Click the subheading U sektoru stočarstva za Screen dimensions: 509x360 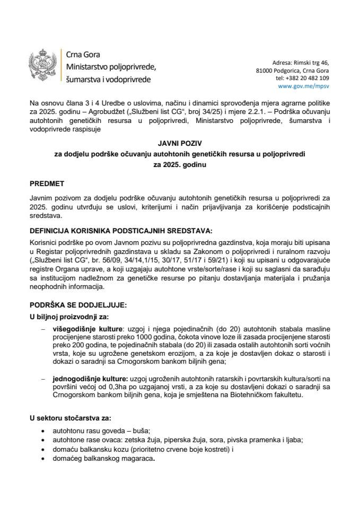point(71,418)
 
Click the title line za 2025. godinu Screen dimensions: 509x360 point(179,165)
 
